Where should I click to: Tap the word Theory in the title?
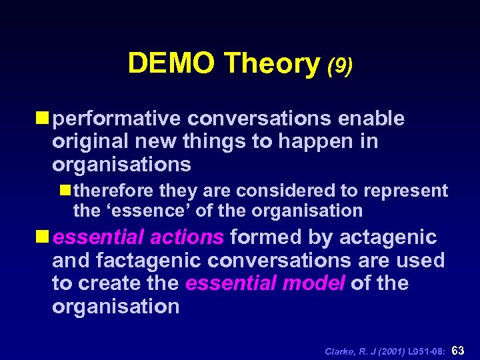pos(272,63)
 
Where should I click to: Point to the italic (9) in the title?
pos(340,65)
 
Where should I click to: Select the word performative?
pos(117,119)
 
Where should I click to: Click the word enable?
pos(371,119)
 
